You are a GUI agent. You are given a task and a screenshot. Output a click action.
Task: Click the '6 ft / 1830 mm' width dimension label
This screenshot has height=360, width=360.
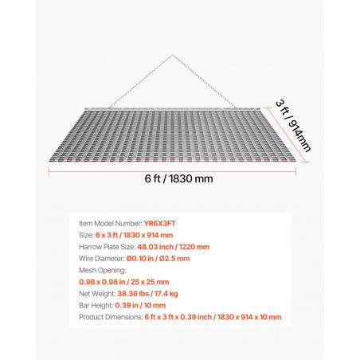click(178, 178)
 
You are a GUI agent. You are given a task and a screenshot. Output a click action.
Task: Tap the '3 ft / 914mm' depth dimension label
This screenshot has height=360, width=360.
click(293, 126)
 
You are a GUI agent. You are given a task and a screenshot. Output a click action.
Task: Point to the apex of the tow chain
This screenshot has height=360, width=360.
click(172, 56)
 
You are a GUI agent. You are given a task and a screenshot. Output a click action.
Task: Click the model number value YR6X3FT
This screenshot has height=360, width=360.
click(160, 224)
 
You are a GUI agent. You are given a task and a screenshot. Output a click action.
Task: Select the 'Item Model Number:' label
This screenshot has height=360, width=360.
click(111, 224)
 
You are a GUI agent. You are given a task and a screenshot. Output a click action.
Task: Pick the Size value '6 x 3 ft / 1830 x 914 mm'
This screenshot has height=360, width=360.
click(134, 235)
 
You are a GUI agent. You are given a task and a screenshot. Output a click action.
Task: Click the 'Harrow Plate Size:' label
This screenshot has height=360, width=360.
click(108, 247)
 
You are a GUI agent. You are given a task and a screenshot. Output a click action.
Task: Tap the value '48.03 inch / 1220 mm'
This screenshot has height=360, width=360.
click(174, 247)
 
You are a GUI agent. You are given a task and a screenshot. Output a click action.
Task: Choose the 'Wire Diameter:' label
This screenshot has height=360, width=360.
click(102, 259)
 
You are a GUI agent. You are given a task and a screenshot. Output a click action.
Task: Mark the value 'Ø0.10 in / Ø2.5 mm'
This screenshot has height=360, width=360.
click(158, 259)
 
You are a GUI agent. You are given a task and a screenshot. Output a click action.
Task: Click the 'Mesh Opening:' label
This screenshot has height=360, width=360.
click(103, 270)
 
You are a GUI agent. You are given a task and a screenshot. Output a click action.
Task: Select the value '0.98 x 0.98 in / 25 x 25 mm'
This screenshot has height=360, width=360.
click(124, 282)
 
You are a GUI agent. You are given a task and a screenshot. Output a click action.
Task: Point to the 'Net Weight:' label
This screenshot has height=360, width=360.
click(97, 294)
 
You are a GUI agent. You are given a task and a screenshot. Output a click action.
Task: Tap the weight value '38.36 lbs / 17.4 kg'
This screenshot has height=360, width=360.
click(147, 294)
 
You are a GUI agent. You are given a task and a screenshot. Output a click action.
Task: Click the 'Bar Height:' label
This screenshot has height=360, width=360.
click(96, 305)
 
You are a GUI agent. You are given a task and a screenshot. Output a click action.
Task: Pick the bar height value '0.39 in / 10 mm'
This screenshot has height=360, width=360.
click(140, 305)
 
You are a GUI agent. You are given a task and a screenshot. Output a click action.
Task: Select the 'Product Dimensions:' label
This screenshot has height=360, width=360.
click(111, 317)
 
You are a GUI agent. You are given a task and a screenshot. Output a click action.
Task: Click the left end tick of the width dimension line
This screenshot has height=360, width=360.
click(49, 171)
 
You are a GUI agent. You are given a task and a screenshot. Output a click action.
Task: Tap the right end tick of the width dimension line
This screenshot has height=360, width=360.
click(295, 171)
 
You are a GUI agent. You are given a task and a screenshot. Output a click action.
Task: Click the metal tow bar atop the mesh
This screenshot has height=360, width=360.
click(172, 108)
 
